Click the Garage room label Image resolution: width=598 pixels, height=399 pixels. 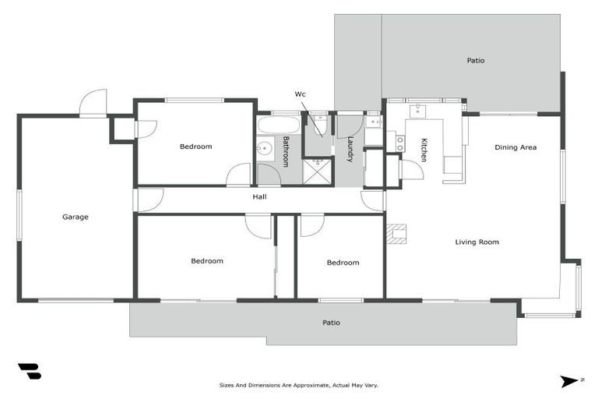76,217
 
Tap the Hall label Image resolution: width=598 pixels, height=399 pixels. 260,197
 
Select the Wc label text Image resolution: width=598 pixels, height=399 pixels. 300,94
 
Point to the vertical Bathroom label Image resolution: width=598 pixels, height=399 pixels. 286,151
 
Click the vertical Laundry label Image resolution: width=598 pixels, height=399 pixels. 351,149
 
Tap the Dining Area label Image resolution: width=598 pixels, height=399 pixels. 515,147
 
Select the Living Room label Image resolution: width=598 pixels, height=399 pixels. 477,242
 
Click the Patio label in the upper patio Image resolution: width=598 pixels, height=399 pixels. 475,60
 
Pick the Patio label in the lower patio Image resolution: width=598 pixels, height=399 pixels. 332,323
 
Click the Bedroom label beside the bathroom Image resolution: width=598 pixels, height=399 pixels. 195,147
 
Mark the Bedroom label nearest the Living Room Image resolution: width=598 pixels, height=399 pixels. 343,263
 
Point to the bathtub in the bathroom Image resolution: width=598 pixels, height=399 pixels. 278,125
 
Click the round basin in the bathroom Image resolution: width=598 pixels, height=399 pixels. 264,148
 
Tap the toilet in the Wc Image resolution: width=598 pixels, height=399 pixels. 318,128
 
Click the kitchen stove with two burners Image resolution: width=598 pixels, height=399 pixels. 400,142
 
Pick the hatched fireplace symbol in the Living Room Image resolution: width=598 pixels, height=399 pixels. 399,234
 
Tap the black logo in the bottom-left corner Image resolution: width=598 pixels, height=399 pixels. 29,372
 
